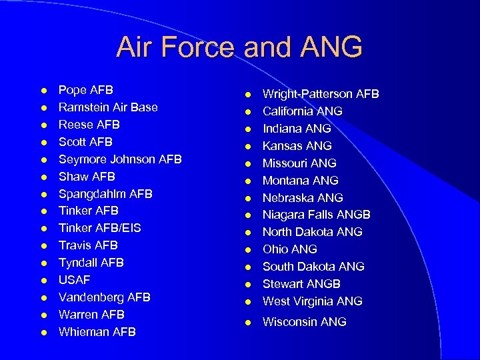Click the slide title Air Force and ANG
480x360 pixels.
[x=239, y=47]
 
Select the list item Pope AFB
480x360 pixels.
[x=86, y=90]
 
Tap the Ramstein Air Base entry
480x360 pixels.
[x=108, y=107]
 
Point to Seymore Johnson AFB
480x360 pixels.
[x=120, y=159]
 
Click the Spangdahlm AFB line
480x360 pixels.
[x=105, y=194]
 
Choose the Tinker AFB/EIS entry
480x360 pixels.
[x=100, y=228]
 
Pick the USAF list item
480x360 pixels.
[x=74, y=280]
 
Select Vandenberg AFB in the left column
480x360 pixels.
[x=105, y=297]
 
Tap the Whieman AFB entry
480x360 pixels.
[x=97, y=332]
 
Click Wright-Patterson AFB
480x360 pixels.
[x=321, y=94]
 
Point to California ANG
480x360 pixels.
[x=303, y=111]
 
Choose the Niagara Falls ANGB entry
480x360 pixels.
[x=317, y=215]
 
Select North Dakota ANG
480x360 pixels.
[x=313, y=232]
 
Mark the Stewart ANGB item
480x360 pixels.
[x=301, y=284]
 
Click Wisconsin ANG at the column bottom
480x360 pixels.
[x=305, y=322]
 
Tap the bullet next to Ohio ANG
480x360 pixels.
[x=247, y=250]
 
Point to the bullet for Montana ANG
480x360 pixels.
[x=247, y=181]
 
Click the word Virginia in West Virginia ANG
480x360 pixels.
[x=317, y=301]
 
